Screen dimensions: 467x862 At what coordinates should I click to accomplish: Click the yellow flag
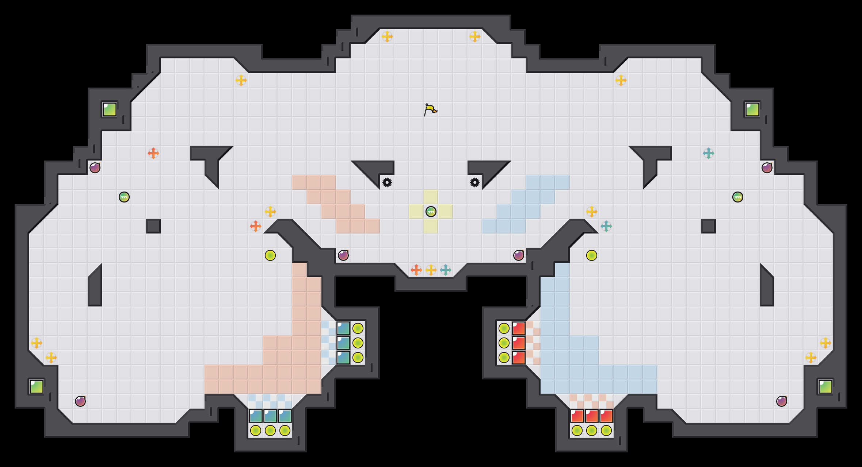430,109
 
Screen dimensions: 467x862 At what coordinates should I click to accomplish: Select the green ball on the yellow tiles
431,212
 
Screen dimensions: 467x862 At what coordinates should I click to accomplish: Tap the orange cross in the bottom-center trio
416,270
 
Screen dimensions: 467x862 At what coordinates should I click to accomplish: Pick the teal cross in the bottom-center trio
446,270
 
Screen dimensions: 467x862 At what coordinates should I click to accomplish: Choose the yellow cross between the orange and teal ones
431,270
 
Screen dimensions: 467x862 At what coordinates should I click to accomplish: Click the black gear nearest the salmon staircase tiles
387,182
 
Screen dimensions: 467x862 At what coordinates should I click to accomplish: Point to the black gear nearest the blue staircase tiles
475,182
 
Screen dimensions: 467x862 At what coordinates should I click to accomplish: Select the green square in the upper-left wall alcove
110,109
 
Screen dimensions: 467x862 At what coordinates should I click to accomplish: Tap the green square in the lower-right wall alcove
825,387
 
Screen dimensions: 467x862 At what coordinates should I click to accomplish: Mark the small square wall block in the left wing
153,226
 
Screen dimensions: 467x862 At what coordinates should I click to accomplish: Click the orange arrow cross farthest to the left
153,153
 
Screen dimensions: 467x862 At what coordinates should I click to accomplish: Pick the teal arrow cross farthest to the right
709,153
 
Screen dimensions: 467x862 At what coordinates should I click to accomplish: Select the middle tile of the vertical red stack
519,343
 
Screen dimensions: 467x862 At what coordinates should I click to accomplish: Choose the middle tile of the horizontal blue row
270,416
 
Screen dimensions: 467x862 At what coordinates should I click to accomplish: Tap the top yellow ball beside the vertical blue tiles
358,328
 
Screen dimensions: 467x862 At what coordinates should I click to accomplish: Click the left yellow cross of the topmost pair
387,36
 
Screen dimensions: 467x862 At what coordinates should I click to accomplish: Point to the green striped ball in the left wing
124,197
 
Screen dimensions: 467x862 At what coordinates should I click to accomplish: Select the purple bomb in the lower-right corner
782,401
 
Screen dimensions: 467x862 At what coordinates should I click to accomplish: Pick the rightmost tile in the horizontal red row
606,416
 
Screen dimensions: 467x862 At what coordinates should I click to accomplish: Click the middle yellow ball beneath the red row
592,431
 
